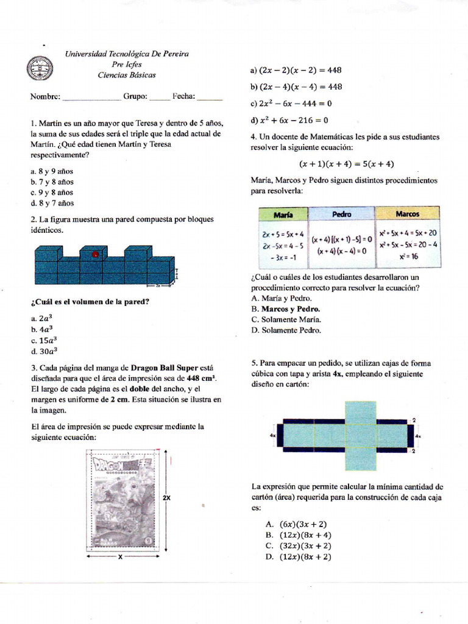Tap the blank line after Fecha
pos(210,97)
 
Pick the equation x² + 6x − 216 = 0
pos(289,120)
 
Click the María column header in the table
pos(283,214)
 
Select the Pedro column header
pos(341,214)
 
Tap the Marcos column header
pos(407,214)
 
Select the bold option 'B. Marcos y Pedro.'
pos(286,309)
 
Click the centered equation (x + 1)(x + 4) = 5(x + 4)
pos(346,164)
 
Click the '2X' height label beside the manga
pos(166,498)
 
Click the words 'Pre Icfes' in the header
pos(127,65)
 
